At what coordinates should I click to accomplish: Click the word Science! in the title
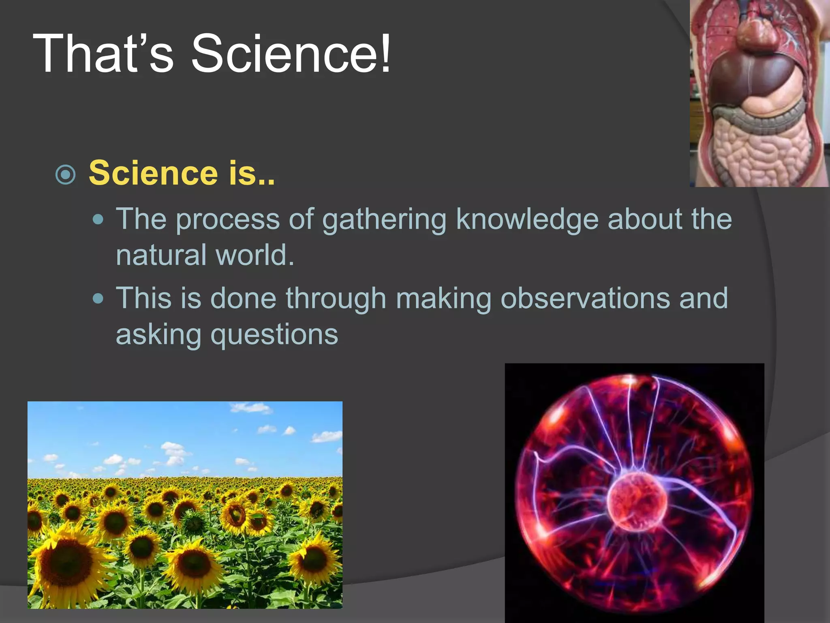[291, 54]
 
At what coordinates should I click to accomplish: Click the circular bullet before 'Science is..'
[66, 175]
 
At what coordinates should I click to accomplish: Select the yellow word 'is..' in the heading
[252, 173]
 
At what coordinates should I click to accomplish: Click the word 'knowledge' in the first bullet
[527, 219]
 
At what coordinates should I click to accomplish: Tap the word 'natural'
[161, 255]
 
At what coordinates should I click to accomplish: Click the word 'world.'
[255, 255]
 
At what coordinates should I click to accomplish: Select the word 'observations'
[585, 299]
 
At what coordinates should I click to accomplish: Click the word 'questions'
[274, 335]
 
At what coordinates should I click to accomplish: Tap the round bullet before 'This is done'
[98, 299]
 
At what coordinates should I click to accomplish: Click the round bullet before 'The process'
[98, 219]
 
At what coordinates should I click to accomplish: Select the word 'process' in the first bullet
[228, 219]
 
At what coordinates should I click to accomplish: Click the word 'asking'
[158, 335]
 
